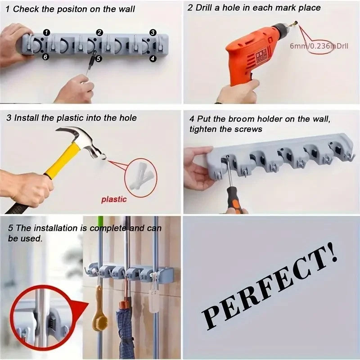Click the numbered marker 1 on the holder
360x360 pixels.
point(47,31)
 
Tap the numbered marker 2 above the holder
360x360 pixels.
point(99,32)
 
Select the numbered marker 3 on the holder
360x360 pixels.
point(153,32)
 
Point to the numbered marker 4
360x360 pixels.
point(153,58)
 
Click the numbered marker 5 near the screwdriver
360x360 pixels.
point(99,58)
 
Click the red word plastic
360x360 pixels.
point(114,199)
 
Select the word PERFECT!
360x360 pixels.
point(270,288)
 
